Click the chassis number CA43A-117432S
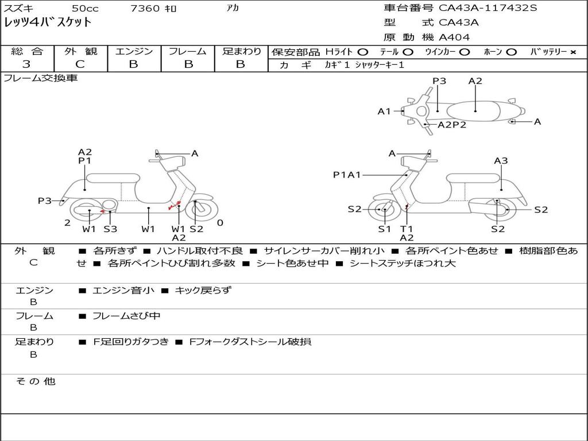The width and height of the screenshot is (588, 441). [x=489, y=8]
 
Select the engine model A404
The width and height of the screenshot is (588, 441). [x=454, y=37]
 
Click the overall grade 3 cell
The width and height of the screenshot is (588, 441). [x=26, y=64]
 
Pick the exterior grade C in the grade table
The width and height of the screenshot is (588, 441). [x=80, y=64]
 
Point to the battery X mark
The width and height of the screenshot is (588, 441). [x=573, y=52]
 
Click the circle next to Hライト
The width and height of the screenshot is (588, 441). [x=362, y=52]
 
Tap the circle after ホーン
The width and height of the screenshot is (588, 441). [x=512, y=52]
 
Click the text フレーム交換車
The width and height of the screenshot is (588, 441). [x=41, y=78]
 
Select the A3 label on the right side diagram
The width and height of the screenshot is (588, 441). [x=501, y=161]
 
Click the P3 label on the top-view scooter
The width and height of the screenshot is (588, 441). [x=439, y=81]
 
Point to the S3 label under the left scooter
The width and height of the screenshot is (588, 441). [x=110, y=229]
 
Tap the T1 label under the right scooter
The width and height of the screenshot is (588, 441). [x=407, y=229]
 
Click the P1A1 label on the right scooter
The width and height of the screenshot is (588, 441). [x=347, y=175]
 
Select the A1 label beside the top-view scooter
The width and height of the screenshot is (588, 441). [x=384, y=111]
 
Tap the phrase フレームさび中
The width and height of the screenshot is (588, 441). [x=126, y=316]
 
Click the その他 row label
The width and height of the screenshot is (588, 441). [x=36, y=381]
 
